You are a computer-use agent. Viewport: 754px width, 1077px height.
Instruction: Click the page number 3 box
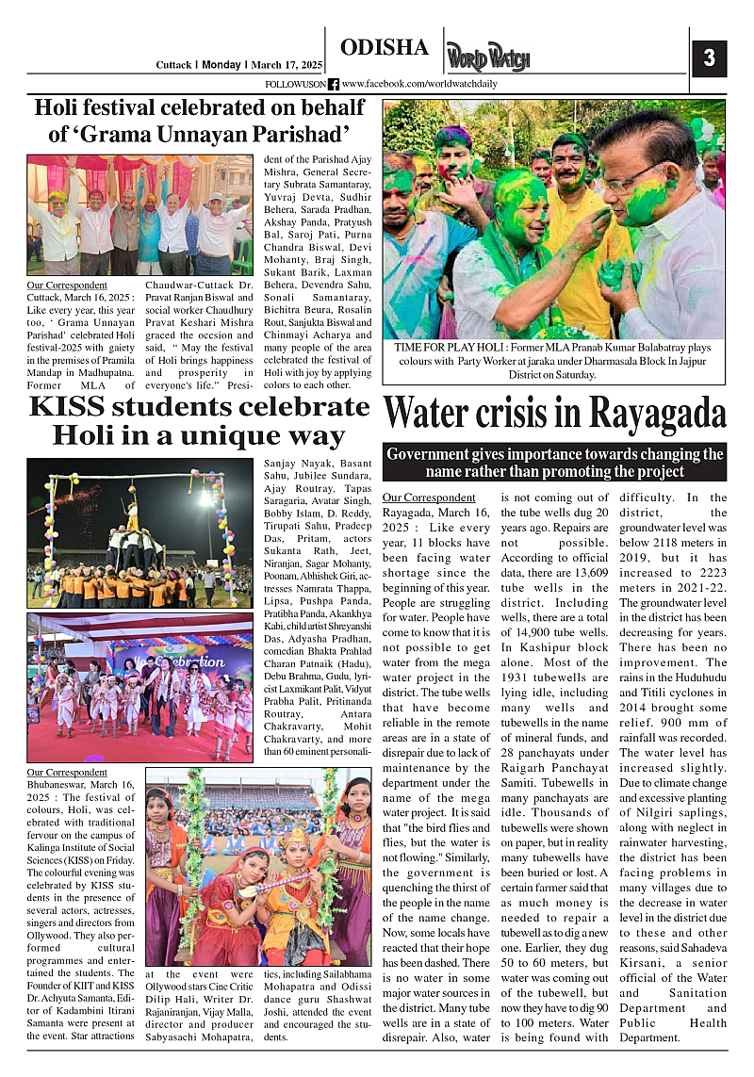tap(708, 58)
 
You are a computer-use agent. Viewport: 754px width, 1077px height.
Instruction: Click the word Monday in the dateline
tap(221, 65)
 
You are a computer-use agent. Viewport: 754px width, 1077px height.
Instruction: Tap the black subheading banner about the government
tap(554, 462)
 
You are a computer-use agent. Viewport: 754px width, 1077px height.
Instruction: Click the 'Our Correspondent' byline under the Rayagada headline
tap(429, 498)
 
